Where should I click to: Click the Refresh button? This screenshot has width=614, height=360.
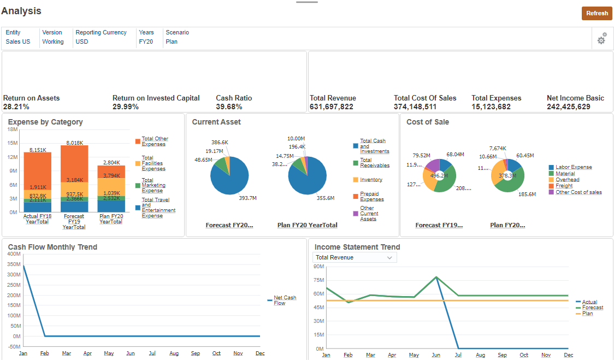point(597,14)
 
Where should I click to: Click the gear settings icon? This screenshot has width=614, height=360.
point(601,39)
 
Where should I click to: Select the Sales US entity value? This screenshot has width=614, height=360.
point(18,42)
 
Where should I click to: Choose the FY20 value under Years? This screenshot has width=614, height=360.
point(146,42)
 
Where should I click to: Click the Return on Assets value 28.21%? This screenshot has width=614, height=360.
point(16,107)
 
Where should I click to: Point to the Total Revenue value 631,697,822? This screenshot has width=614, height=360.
point(332,107)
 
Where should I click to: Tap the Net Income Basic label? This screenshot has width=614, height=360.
point(575,98)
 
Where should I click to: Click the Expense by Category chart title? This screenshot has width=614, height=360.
point(45,122)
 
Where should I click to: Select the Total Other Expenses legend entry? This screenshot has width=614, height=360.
point(155,141)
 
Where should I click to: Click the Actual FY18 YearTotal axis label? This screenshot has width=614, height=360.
point(37,219)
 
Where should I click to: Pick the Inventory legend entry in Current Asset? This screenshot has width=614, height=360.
point(371,180)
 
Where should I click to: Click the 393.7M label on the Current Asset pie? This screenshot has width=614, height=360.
point(247,198)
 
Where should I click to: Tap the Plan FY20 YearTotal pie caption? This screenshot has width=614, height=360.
point(307,225)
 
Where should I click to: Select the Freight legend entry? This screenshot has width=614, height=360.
point(564,186)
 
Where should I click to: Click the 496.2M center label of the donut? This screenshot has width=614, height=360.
point(439,176)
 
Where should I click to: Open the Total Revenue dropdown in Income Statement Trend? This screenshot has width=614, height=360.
point(355,257)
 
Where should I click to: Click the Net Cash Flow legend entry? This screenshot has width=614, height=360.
point(285,300)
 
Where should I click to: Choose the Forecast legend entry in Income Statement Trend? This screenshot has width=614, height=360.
point(592,308)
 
